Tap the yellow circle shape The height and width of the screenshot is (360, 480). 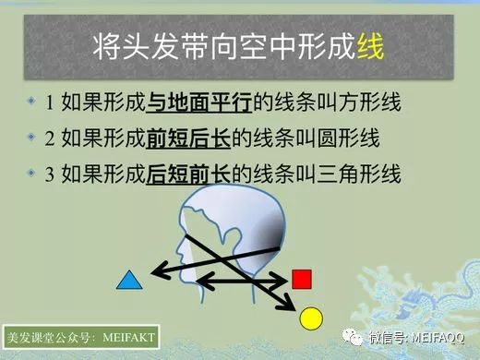click(312, 319)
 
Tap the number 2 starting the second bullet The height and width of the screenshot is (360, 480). click(49, 139)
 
